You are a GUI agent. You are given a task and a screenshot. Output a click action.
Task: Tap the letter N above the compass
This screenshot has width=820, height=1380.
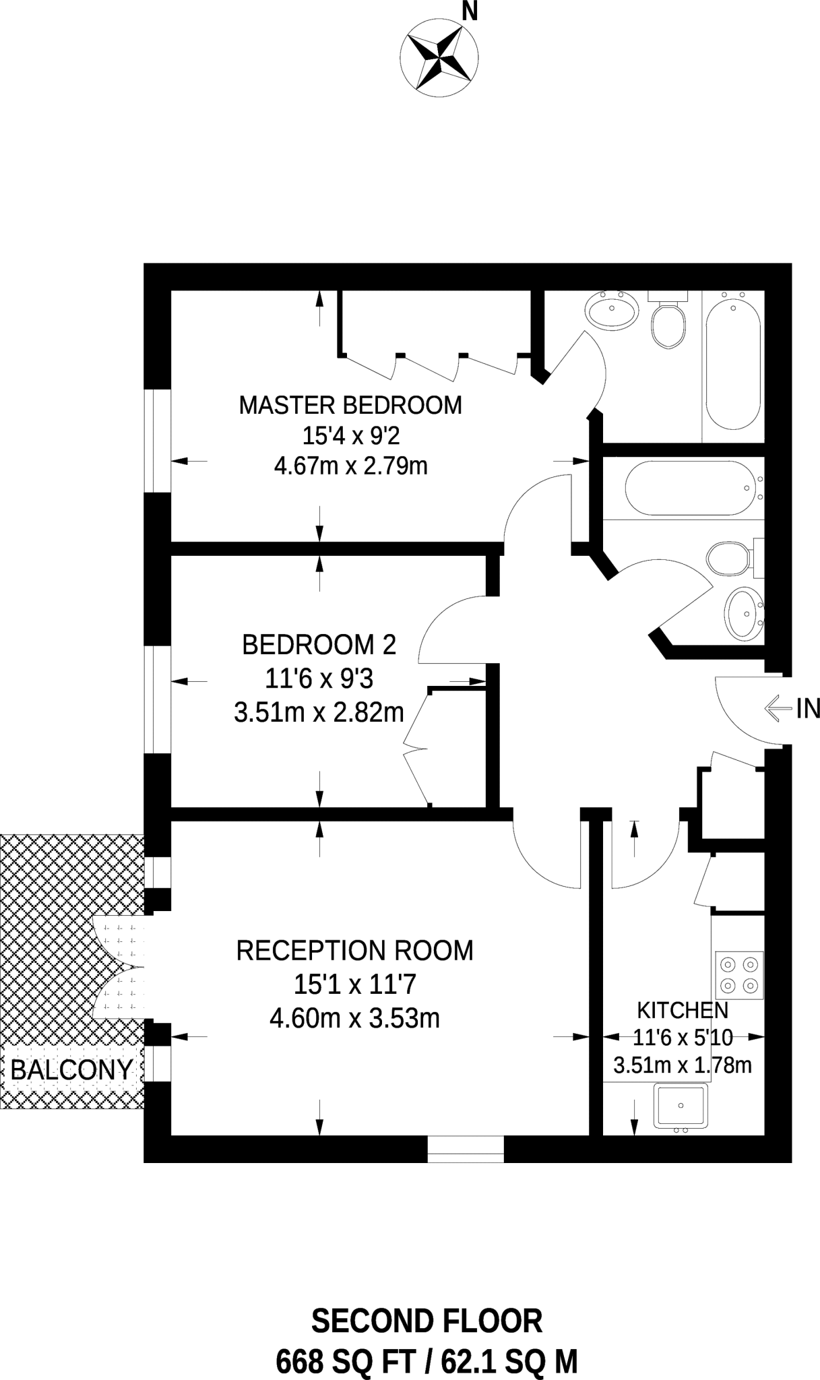coord(470,11)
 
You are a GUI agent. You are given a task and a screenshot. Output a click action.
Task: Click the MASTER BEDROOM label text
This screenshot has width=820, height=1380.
coord(350,406)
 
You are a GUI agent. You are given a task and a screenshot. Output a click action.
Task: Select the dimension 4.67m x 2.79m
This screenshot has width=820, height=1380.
coord(350,466)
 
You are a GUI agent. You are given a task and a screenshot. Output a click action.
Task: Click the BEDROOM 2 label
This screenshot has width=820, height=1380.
coord(319,645)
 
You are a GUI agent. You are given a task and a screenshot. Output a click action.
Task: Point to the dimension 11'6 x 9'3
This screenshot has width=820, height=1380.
coord(319,679)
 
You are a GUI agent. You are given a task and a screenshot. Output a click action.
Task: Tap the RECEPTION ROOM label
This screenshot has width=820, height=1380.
coord(354,951)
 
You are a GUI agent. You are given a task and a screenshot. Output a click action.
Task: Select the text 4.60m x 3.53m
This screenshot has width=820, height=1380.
coord(354,1018)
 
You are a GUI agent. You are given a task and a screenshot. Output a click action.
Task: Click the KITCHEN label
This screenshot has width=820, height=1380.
coord(683,1010)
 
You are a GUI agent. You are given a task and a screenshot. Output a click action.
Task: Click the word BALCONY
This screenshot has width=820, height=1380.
coord(71,1069)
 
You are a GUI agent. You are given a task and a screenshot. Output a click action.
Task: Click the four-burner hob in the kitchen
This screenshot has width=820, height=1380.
coord(739,975)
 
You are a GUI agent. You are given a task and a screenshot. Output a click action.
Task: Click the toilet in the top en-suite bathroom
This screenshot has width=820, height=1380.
coord(668,324)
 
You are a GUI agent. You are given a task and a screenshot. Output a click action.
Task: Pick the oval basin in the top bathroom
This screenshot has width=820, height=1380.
coord(612,311)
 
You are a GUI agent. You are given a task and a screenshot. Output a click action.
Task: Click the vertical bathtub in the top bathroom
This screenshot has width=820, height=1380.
coord(733,364)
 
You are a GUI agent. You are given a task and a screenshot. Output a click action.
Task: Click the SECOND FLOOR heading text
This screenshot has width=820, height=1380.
coord(427,1322)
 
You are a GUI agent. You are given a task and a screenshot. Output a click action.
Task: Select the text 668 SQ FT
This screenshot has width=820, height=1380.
coord(345,1362)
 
